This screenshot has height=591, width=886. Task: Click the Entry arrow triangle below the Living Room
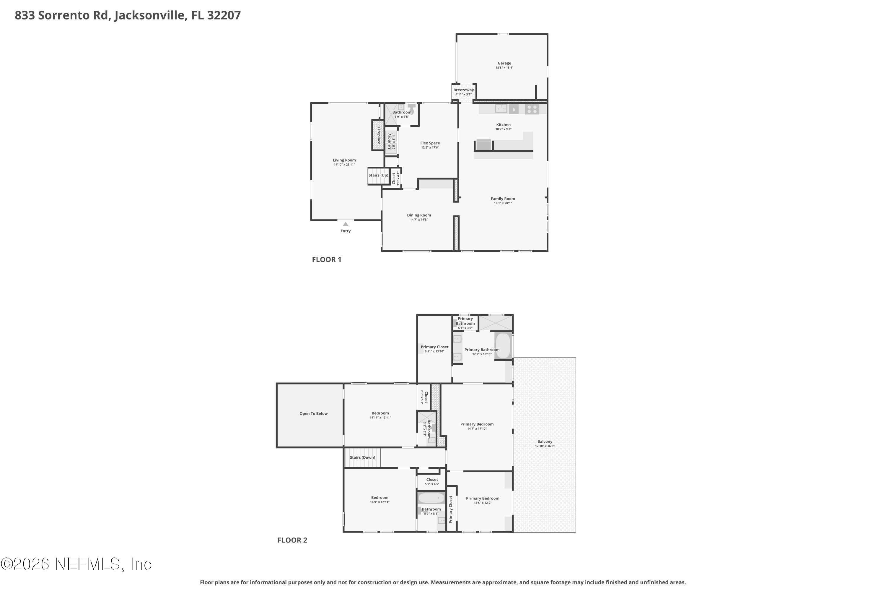[346, 224]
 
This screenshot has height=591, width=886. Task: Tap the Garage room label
[504, 63]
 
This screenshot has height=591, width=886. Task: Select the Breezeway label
[463, 90]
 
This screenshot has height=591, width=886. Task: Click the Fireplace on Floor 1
[378, 135]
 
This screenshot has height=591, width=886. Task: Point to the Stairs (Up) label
[378, 175]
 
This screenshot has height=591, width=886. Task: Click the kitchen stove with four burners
[532, 109]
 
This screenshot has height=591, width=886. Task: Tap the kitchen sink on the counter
[501, 108]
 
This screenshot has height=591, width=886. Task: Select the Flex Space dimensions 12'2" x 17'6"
[430, 147]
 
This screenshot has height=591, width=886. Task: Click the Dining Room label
[419, 215]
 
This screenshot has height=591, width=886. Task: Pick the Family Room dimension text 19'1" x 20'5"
[503, 203]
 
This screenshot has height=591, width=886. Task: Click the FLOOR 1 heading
[327, 259]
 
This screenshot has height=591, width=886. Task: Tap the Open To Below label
[313, 413]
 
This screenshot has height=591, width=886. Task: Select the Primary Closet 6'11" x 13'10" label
[434, 347]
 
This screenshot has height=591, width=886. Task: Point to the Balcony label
[545, 441]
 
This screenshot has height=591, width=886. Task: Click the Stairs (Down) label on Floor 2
[362, 457]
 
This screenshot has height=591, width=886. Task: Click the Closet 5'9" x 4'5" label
[432, 480]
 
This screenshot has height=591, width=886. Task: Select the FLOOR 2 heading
[292, 540]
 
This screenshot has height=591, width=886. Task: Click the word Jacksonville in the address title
[150, 15]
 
